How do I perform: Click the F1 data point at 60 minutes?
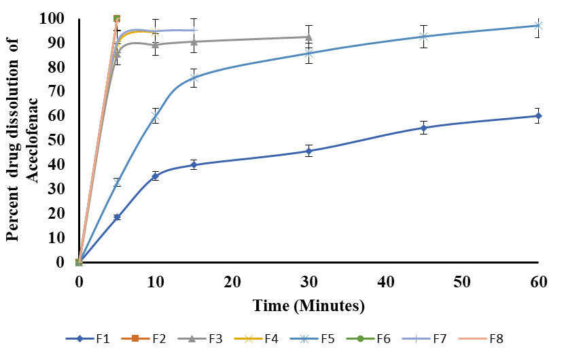[x=539, y=116]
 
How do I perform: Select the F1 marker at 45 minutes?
[x=424, y=128]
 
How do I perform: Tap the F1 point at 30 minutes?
[x=309, y=151]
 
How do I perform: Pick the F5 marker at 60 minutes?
[x=539, y=26]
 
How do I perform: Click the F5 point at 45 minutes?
[x=424, y=37]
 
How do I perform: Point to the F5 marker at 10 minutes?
[x=156, y=116]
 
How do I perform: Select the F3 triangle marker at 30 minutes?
[x=309, y=37]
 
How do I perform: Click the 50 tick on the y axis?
[x=62, y=141]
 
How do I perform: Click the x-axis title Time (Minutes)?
[x=309, y=306]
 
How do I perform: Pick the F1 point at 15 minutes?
[x=194, y=164]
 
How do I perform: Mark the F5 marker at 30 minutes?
[x=309, y=53]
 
